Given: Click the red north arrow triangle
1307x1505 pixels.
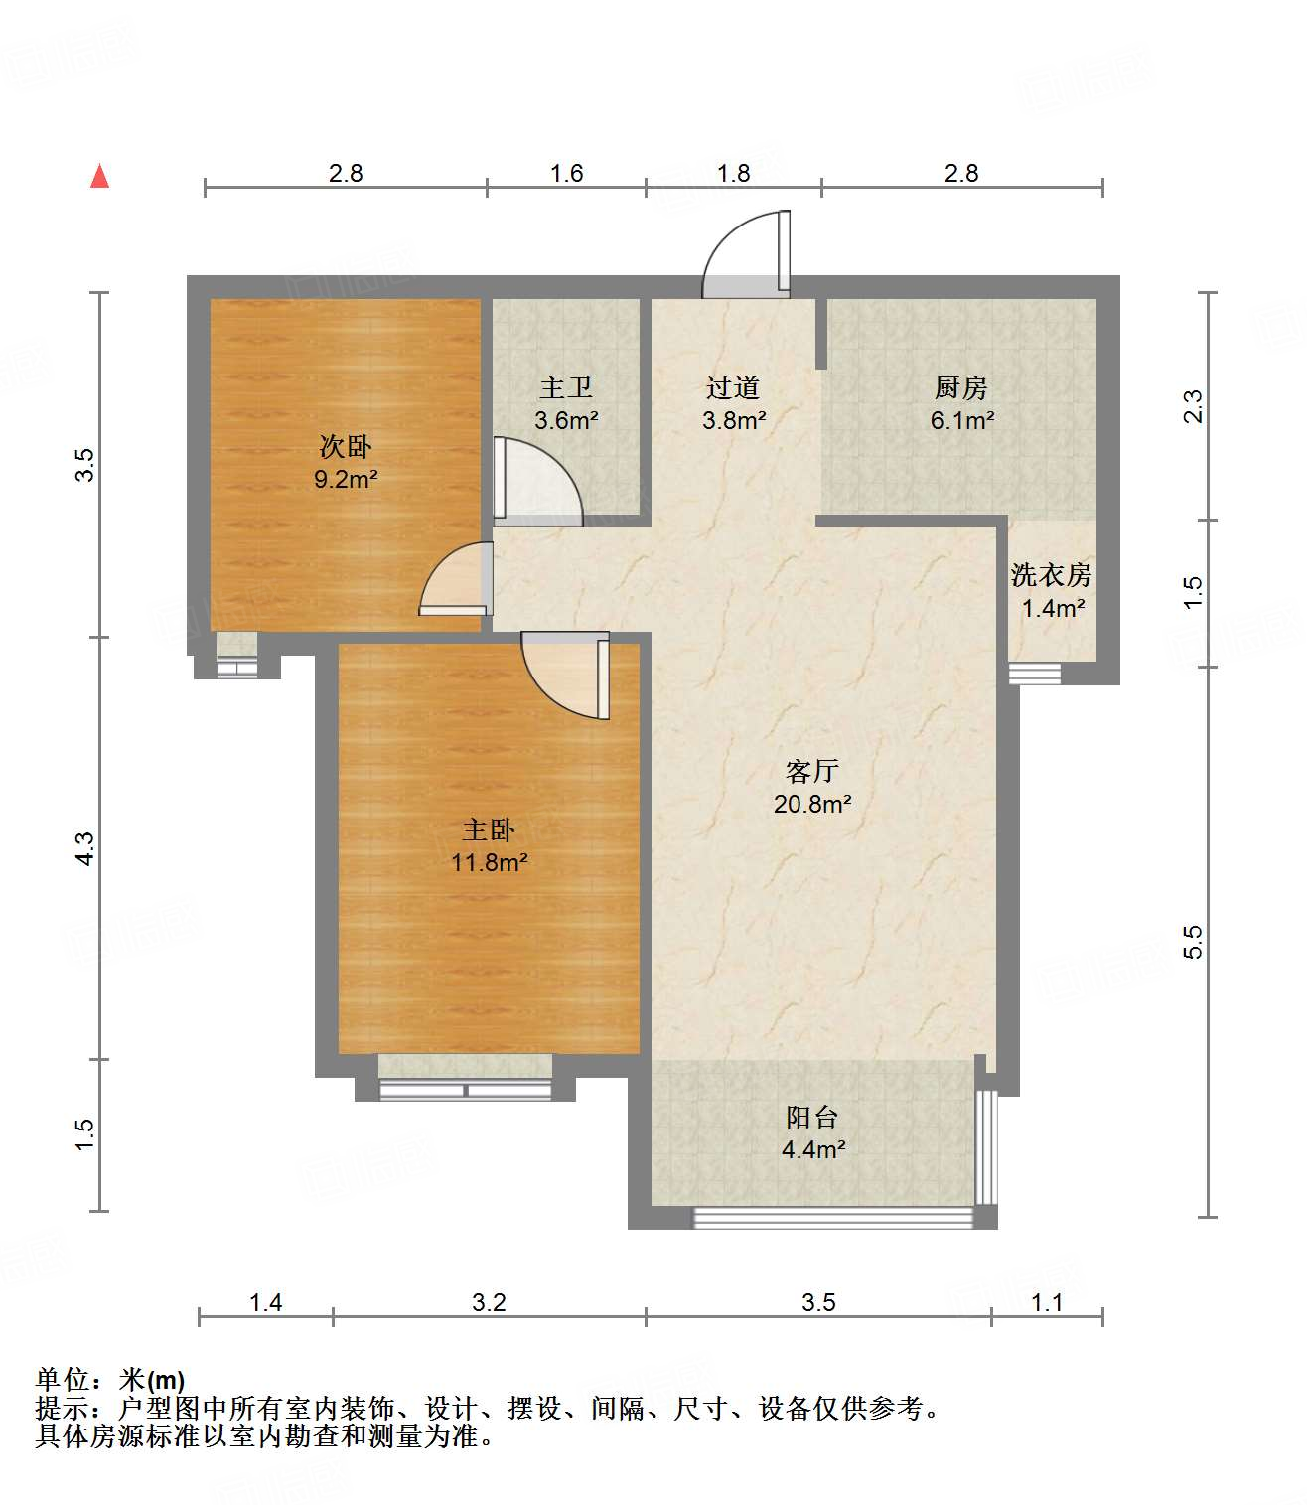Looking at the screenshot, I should click(x=99, y=176).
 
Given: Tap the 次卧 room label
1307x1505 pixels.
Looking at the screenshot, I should click(x=345, y=446).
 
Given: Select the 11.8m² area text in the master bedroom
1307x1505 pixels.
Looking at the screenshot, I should click(x=489, y=862).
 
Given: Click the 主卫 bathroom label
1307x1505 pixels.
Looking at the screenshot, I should click(x=565, y=387).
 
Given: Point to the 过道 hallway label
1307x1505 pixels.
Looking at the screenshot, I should click(x=733, y=387).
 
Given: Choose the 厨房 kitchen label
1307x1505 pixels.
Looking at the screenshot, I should click(x=960, y=387).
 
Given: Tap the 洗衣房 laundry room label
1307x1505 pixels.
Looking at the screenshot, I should click(x=1051, y=575).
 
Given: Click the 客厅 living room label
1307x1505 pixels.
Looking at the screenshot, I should click(x=811, y=771).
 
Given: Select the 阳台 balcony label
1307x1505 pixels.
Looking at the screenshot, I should click(x=811, y=1118).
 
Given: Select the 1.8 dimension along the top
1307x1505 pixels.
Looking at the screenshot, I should click(x=733, y=173).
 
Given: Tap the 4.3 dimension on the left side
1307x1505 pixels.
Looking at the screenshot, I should click(x=85, y=847).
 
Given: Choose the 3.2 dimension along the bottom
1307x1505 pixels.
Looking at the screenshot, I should click(x=489, y=1302).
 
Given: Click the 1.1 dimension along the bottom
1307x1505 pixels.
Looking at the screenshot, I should click(x=1047, y=1302).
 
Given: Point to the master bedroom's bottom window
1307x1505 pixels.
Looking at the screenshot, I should click(x=466, y=1090).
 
